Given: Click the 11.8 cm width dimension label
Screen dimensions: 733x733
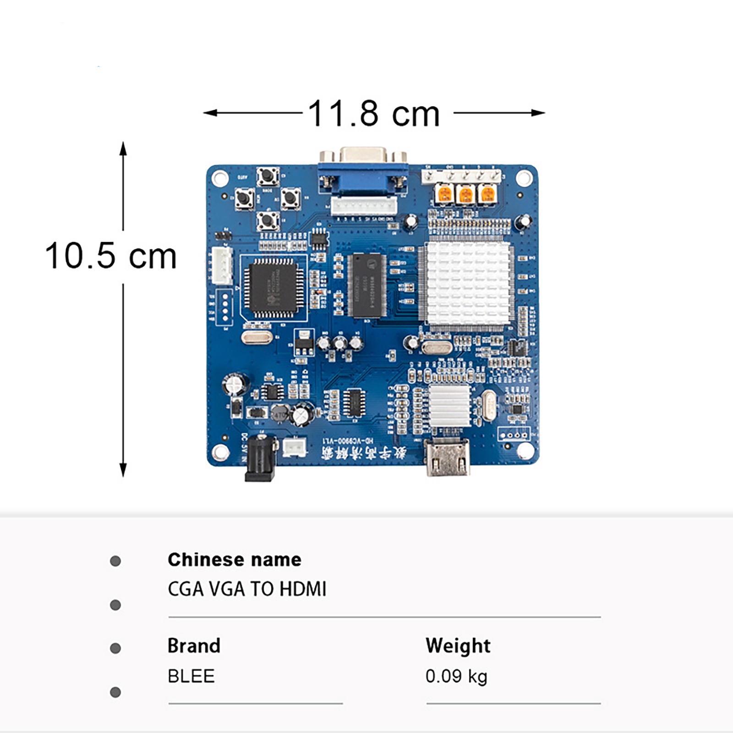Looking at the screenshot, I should [373, 113].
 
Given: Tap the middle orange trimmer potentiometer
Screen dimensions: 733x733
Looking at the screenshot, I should [465, 194].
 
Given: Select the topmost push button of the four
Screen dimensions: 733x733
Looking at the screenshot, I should [268, 176].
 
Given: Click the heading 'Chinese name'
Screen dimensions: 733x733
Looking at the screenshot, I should [234, 559].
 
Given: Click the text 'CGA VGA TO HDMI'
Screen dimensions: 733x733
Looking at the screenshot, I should [247, 589].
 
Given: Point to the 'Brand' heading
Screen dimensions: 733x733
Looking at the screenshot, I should [194, 645].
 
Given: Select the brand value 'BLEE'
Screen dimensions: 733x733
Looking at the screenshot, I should [191, 676].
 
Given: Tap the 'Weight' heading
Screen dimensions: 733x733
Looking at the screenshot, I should [458, 645].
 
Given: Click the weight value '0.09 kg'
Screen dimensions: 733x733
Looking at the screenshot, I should [456, 676].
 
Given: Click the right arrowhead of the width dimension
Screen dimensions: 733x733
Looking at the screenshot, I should [540, 113].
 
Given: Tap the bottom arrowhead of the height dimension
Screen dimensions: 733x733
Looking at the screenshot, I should [123, 471].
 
